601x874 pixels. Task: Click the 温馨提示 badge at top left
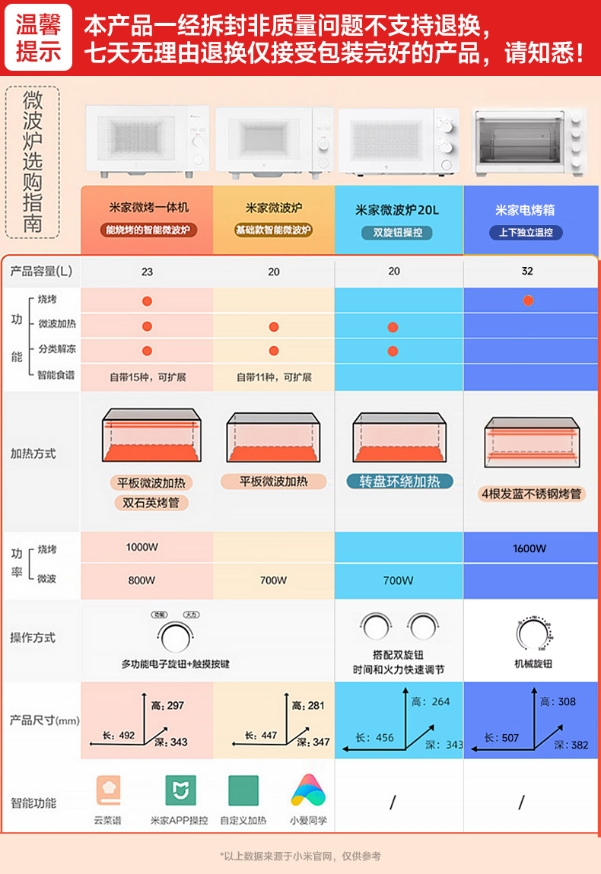pos(38,37)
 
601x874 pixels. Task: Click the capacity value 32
pos(527,272)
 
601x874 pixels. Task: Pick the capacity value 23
pos(147,272)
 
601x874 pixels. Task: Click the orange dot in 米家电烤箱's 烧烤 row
pos(528,300)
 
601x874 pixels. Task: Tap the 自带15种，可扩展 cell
pos(148,377)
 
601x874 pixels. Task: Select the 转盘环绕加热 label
pos(399,481)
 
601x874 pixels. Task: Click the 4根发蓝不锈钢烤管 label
pos(532,494)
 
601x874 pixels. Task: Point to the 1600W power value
pos(529,548)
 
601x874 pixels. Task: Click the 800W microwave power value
pos(142,580)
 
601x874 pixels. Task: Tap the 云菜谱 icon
pos(108,790)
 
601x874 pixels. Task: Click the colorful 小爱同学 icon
pos(308,790)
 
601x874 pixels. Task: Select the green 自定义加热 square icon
pos(243,790)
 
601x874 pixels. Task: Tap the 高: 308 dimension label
pos(558,702)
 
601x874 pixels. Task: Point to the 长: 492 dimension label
pos(118,736)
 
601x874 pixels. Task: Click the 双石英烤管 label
pos(151,503)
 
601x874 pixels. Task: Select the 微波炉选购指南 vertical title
pos(32,161)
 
